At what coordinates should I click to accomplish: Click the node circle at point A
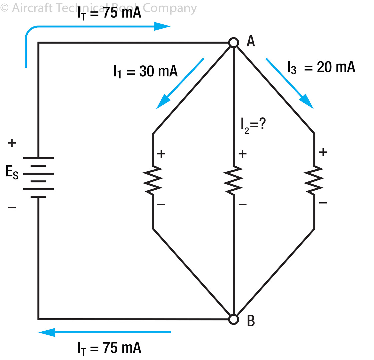234,43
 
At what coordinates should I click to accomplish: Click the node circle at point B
234,319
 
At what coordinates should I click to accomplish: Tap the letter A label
251,41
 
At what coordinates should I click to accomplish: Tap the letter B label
251,320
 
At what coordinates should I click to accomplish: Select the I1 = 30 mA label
145,72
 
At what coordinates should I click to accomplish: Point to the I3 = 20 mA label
321,67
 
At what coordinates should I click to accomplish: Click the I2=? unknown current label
253,125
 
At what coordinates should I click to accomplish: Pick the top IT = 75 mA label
109,14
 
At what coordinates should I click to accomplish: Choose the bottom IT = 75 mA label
109,348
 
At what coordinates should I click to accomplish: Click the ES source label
12,173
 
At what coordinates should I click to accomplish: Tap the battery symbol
38,177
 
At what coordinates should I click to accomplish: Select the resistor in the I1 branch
153,181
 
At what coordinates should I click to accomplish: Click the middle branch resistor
233,181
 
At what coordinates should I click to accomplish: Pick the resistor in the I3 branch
314,181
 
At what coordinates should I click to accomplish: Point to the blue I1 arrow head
162,102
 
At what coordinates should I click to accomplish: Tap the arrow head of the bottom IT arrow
47,332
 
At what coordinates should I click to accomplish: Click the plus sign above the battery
12,143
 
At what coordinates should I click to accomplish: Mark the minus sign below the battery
12,208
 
